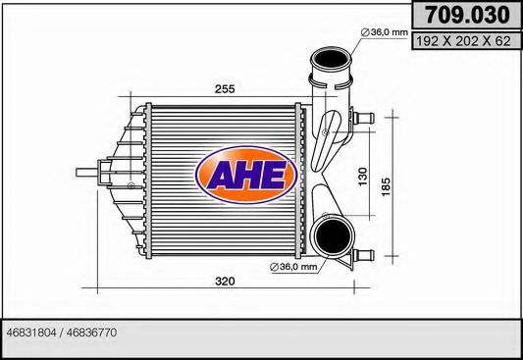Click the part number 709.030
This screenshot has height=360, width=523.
pos(466,16)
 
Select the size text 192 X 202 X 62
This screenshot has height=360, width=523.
pos(466,42)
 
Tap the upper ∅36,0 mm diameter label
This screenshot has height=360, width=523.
pos(384,33)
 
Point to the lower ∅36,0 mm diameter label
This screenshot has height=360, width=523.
pos(292,266)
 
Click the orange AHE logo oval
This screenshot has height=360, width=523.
pos(246,178)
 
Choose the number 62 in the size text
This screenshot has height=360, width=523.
pos(503,42)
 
